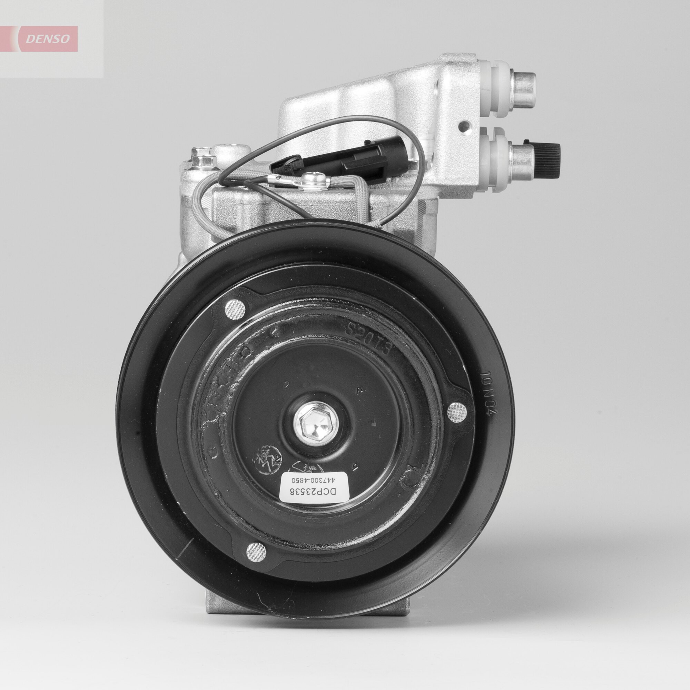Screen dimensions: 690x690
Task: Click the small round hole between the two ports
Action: coord(465,126)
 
